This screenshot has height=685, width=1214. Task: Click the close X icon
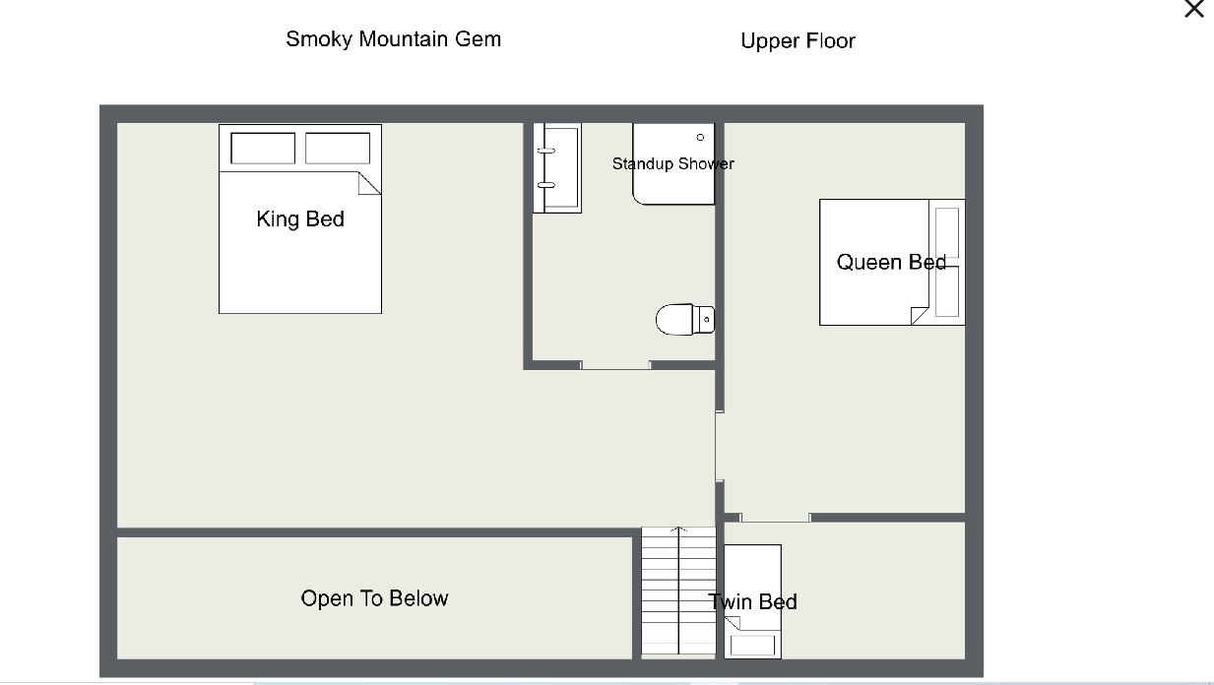click(1194, 8)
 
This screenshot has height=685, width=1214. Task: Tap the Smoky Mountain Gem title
click(394, 39)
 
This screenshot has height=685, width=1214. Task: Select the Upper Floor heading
click(798, 41)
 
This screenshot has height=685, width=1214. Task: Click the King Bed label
click(300, 218)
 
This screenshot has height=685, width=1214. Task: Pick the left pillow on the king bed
click(263, 148)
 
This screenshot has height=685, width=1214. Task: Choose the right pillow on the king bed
click(338, 148)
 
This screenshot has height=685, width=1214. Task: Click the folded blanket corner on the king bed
click(369, 183)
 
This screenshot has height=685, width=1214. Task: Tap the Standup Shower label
click(673, 163)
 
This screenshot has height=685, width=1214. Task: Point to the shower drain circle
click(700, 138)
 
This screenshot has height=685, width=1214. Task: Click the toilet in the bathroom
click(685, 319)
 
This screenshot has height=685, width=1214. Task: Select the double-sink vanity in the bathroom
click(557, 168)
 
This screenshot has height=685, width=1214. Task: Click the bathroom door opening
click(615, 366)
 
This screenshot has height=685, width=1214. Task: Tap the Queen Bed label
click(891, 263)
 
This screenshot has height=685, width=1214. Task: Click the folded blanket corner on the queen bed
click(920, 315)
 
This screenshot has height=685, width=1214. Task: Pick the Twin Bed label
click(753, 602)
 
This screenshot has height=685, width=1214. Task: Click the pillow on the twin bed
click(753, 646)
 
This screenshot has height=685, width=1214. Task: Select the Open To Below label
click(374, 598)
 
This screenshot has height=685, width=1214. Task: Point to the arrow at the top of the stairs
click(678, 529)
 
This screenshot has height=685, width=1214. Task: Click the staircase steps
click(678, 592)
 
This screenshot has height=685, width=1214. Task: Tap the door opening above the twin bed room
click(775, 518)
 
